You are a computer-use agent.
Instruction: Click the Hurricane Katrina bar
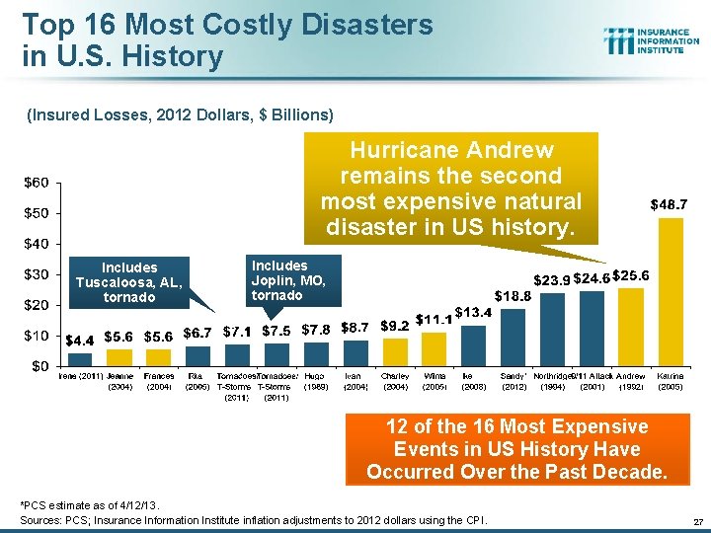(x=671, y=291)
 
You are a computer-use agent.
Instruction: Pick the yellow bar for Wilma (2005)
(x=434, y=348)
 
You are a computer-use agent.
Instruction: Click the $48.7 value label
(x=669, y=204)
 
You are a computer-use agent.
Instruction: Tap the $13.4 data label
(x=474, y=313)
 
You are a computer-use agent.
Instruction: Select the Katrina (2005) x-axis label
(x=671, y=382)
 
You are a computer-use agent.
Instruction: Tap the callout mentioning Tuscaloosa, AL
(x=129, y=282)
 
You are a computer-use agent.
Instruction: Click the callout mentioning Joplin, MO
(x=292, y=280)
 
